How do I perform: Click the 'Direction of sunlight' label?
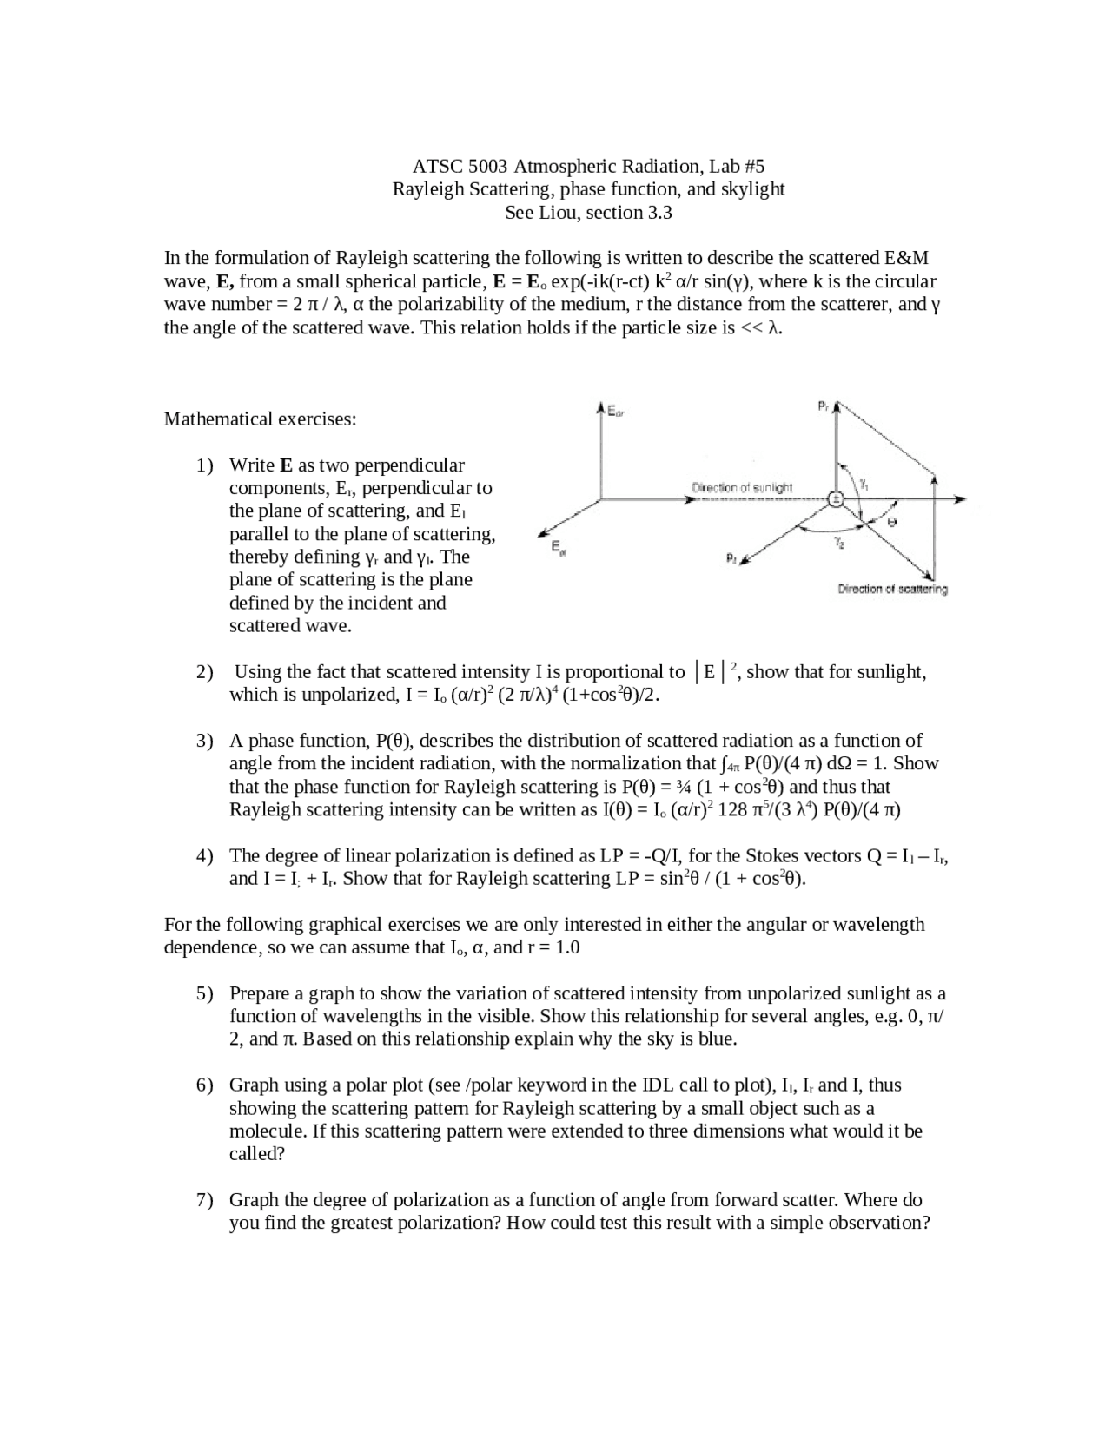pos(742,487)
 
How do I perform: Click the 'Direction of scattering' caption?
pos(892,589)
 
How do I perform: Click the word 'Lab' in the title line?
pos(725,166)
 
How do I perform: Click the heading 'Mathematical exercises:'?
pos(261,419)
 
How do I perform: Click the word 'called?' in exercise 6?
pos(257,1154)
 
